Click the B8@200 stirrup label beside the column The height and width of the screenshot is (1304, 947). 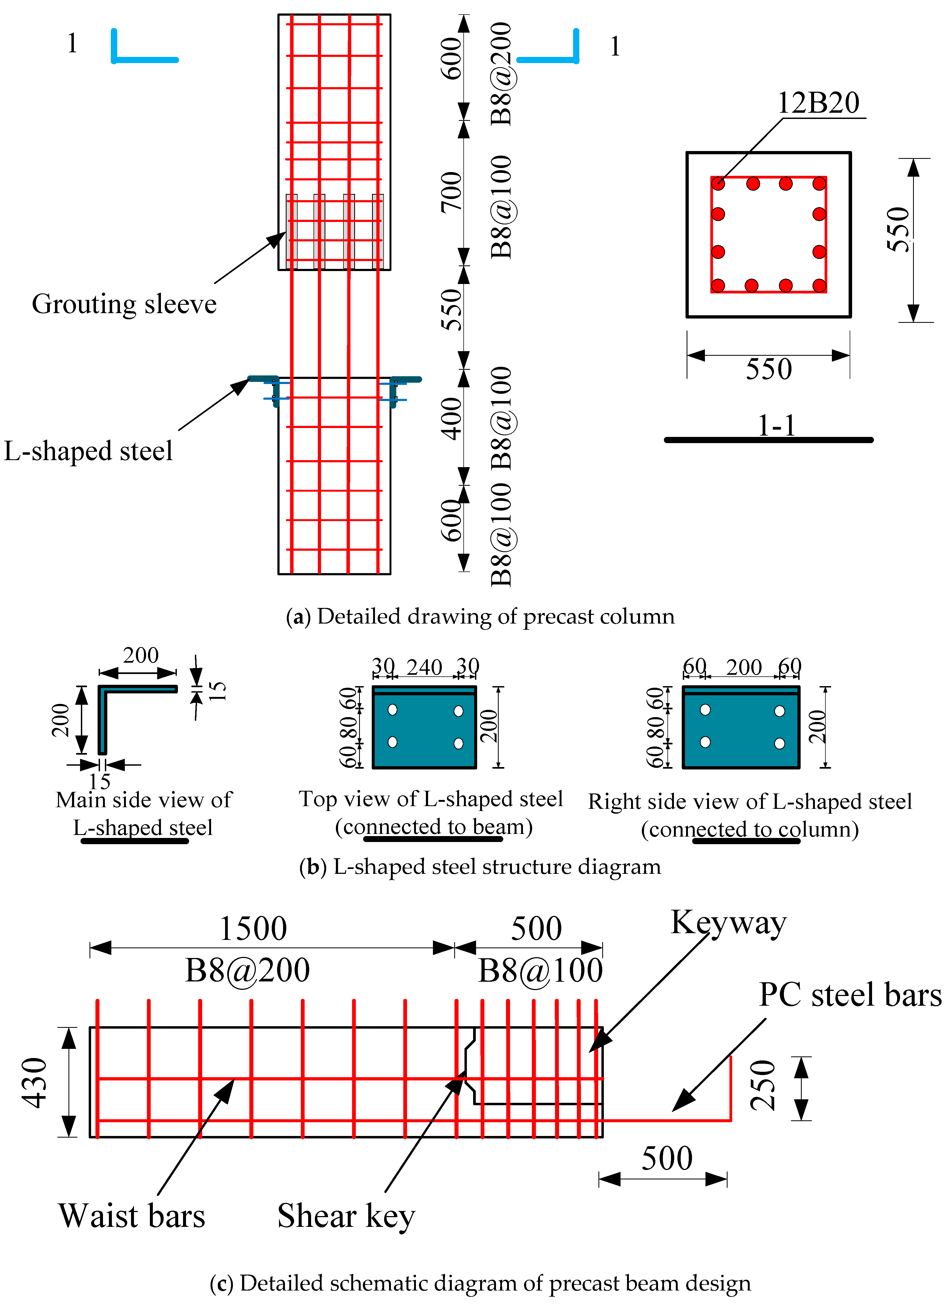[x=502, y=74]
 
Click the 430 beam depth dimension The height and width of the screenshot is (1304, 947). [x=35, y=1083]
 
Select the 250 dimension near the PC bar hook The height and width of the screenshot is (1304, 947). [x=763, y=1085]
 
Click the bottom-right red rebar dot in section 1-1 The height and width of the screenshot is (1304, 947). [x=819, y=285]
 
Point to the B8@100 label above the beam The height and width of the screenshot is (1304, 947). [x=540, y=971]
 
